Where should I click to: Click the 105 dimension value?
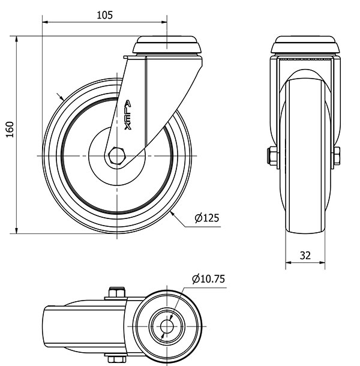(104, 15)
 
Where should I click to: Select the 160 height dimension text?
(10, 130)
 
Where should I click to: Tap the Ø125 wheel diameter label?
(207, 218)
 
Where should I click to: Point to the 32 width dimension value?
(305, 256)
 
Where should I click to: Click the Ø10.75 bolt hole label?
(208, 279)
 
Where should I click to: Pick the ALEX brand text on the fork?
(127, 115)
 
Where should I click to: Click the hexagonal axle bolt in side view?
(117, 156)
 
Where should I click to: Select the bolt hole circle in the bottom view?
(167, 326)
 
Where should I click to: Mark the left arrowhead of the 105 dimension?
(45, 22)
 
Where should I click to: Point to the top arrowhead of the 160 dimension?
(17, 39)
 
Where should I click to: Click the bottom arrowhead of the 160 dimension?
(17, 230)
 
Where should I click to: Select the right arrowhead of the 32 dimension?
(322, 263)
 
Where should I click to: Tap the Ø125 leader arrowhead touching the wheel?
(173, 214)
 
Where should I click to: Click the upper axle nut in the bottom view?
(117, 292)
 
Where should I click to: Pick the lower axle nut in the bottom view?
(116, 359)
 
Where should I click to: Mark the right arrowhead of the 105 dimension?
(164, 22)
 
